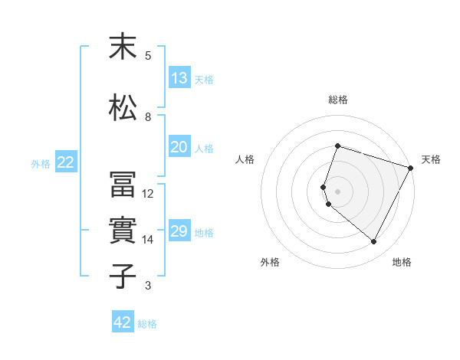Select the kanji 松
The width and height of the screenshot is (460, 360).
(123, 107)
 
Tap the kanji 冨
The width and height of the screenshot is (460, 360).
(123, 185)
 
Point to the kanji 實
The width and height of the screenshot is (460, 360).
(123, 231)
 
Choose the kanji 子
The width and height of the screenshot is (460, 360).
(123, 276)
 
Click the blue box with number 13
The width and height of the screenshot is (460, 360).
(179, 78)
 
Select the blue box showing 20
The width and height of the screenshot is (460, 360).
(179, 147)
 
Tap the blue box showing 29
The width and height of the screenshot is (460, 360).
(179, 231)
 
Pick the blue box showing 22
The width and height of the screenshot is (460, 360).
(66, 162)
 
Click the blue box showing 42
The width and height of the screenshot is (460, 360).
(123, 322)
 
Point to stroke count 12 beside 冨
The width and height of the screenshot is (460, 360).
(148, 194)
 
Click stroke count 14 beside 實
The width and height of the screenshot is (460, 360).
(148, 240)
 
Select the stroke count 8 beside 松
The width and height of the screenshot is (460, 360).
(148, 117)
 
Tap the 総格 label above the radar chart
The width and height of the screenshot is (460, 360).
(338, 100)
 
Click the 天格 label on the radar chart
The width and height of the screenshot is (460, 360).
(431, 159)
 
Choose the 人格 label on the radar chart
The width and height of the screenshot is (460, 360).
(245, 159)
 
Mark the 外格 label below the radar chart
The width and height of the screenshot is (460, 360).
(270, 262)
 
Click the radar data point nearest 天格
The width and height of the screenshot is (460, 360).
(411, 168)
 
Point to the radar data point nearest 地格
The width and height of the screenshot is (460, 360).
(374, 242)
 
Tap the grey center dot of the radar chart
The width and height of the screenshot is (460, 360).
(338, 191)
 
